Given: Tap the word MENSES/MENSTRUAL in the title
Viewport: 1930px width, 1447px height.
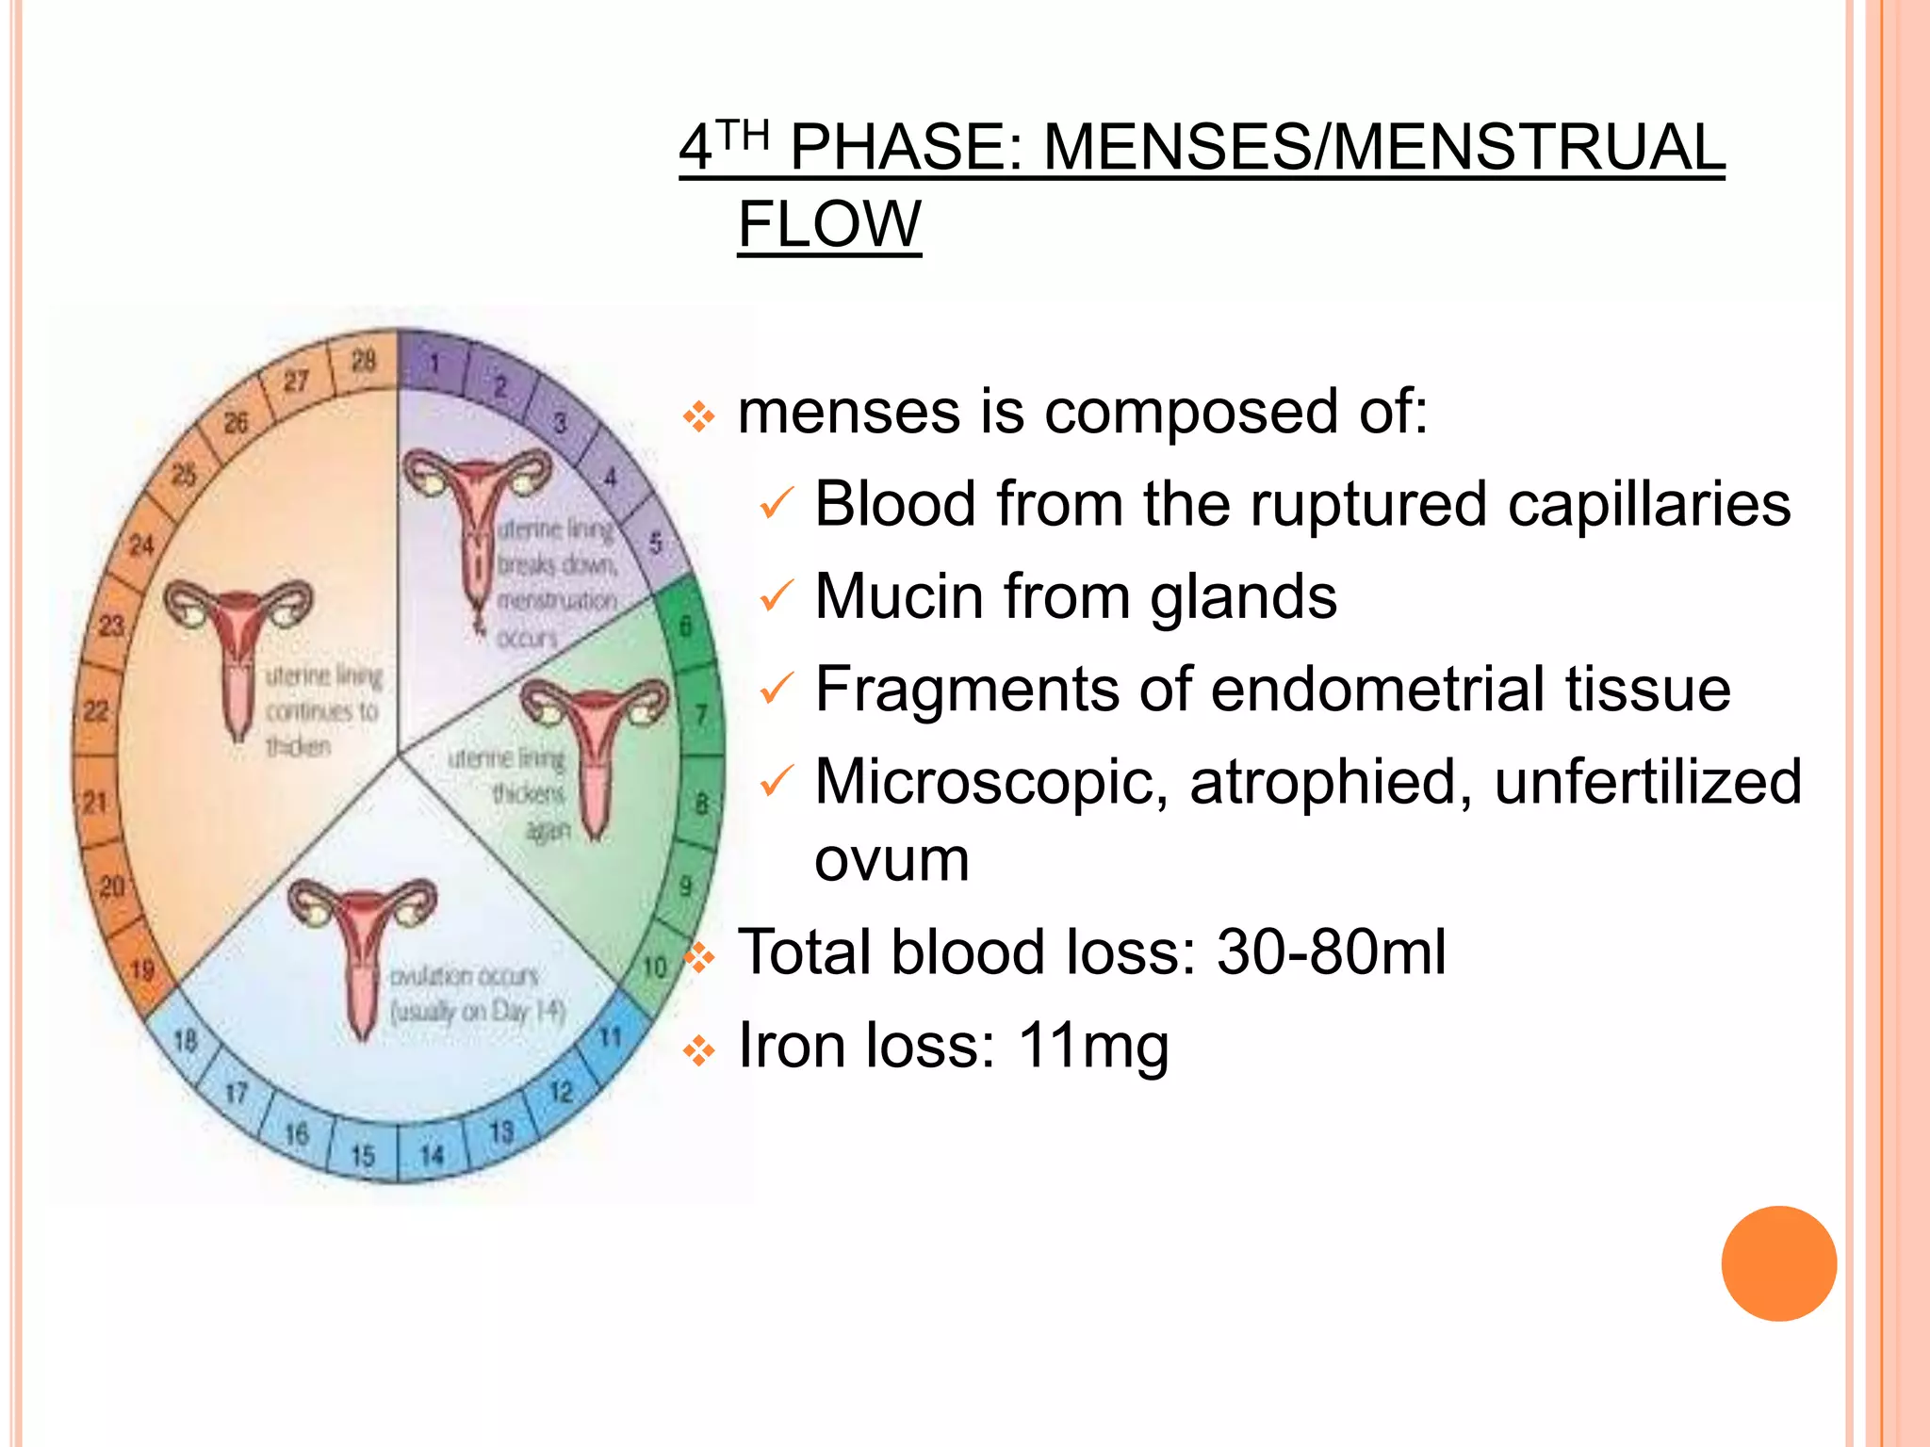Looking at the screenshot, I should coord(1383,148).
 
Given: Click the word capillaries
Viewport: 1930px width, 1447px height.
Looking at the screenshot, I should coord(1648,504).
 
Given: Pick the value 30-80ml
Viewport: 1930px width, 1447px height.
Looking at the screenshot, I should coord(1331,951).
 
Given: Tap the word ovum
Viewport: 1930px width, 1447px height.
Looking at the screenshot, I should coord(891,859).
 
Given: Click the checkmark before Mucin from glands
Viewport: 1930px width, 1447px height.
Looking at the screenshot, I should coord(777,596).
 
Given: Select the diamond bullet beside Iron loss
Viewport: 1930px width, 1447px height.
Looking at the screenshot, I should coord(699,1049).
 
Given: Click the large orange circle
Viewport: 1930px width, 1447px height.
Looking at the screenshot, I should coord(1778,1263).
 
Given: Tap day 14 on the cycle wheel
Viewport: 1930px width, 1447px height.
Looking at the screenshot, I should coord(432,1154).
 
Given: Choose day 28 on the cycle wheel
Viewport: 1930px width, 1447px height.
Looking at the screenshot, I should coord(364,360).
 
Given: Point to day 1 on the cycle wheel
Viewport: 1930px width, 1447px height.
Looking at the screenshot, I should coord(434,363).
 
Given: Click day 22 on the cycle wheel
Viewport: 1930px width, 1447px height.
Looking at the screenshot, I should coord(96,710).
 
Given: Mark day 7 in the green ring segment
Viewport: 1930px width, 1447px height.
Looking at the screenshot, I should coord(701,714).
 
